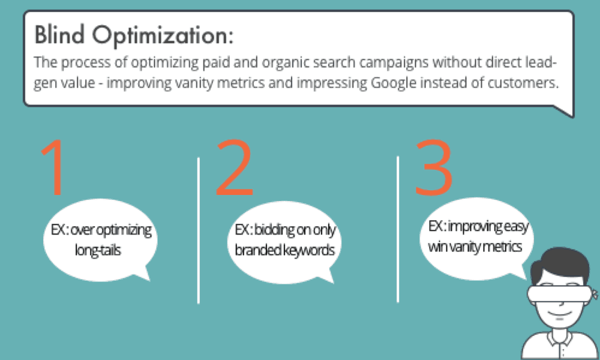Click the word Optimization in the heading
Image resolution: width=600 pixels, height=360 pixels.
click(162, 37)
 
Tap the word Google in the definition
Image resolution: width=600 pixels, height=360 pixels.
click(393, 83)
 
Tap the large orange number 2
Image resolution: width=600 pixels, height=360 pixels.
click(234, 167)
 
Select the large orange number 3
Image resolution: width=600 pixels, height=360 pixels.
click(434, 167)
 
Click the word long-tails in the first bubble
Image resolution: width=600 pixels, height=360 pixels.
click(98, 251)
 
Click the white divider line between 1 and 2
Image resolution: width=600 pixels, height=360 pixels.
click(198, 230)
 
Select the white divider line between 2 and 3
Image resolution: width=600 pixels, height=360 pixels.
click(398, 229)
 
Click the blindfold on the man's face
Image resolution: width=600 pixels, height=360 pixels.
click(559, 294)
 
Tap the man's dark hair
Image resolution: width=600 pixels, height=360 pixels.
click(561, 265)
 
